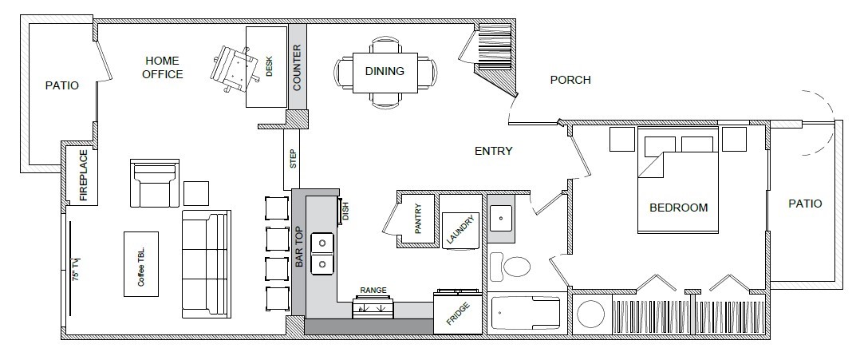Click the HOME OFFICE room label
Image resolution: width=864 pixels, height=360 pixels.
pyautogui.click(x=163, y=68)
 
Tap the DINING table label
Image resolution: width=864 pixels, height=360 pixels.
pyautogui.click(x=385, y=71)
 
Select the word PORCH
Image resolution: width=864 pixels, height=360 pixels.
pyautogui.click(x=570, y=80)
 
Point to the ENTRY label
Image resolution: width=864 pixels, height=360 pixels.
pyautogui.click(x=493, y=151)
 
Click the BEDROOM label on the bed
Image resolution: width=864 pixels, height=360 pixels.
pyautogui.click(x=678, y=208)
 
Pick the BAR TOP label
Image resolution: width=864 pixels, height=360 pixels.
pyautogui.click(x=300, y=251)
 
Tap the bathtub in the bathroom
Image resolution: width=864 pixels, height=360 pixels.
pyautogui.click(x=527, y=315)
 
